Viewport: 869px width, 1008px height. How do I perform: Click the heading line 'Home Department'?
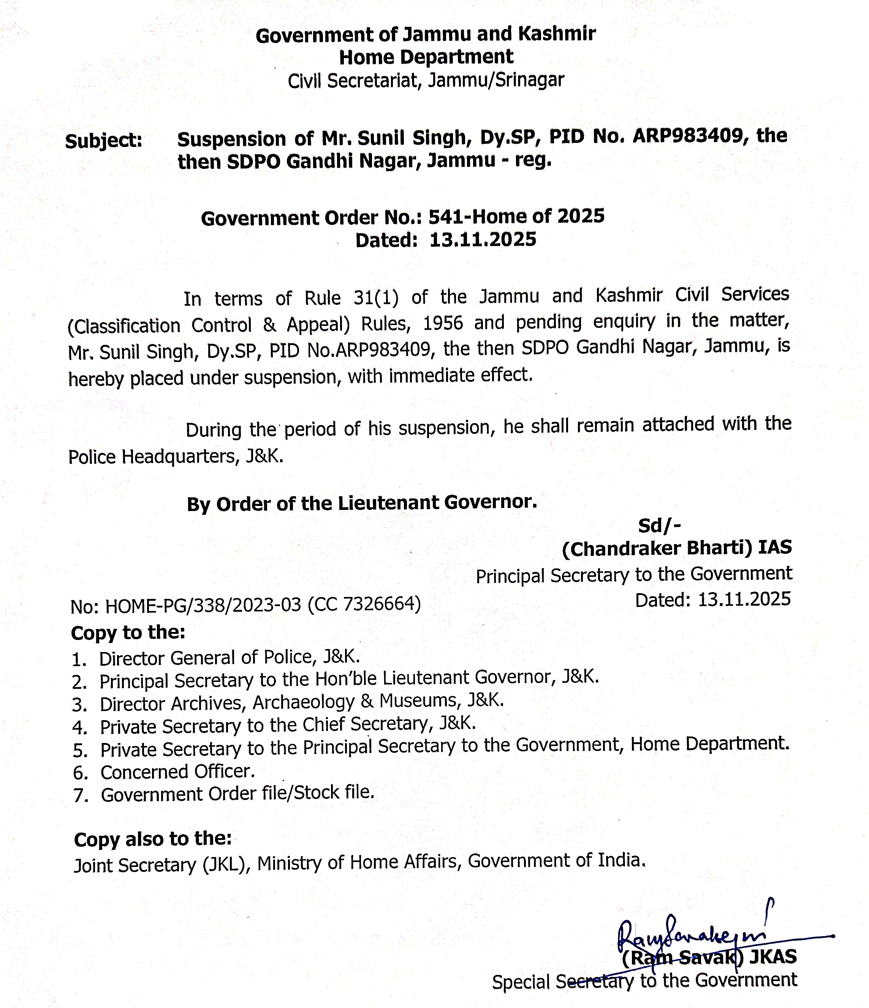click(x=426, y=57)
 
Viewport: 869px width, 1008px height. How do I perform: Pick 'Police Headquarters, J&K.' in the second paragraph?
click(x=176, y=456)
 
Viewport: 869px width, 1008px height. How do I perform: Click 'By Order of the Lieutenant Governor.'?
click(x=362, y=503)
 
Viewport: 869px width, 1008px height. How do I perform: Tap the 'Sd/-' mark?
click(x=659, y=526)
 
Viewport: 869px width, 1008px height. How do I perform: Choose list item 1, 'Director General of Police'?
click(x=230, y=658)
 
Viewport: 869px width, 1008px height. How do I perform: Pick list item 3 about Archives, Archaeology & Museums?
click(x=301, y=702)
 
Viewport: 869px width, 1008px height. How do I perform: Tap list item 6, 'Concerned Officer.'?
click(x=177, y=772)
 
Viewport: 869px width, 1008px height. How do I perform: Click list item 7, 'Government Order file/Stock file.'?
click(x=237, y=794)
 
